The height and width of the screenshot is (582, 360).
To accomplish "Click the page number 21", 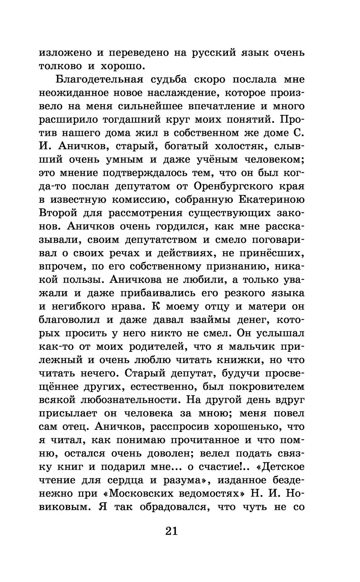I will [x=171, y=530].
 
